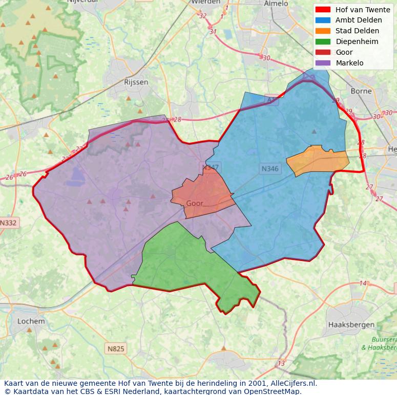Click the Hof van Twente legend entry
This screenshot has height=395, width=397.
[362, 10]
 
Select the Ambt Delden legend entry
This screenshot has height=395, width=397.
[358, 20]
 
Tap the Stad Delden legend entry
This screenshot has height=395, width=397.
[357, 31]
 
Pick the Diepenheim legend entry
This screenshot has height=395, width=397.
[357, 41]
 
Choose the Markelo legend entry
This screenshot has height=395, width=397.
[349, 63]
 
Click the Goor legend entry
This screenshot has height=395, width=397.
[344, 52]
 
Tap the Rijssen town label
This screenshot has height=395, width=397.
[136, 82]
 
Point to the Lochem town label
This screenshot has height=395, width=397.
[31, 321]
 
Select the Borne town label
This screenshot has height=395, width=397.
[361, 91]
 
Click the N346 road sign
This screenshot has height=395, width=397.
[270, 168]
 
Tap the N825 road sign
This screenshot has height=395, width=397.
[116, 349]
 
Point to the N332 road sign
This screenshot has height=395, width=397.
[8, 223]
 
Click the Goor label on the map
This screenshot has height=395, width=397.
[195, 203]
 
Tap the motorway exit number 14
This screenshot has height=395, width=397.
[363, 283]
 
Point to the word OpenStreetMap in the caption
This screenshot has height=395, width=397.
[275, 391]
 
